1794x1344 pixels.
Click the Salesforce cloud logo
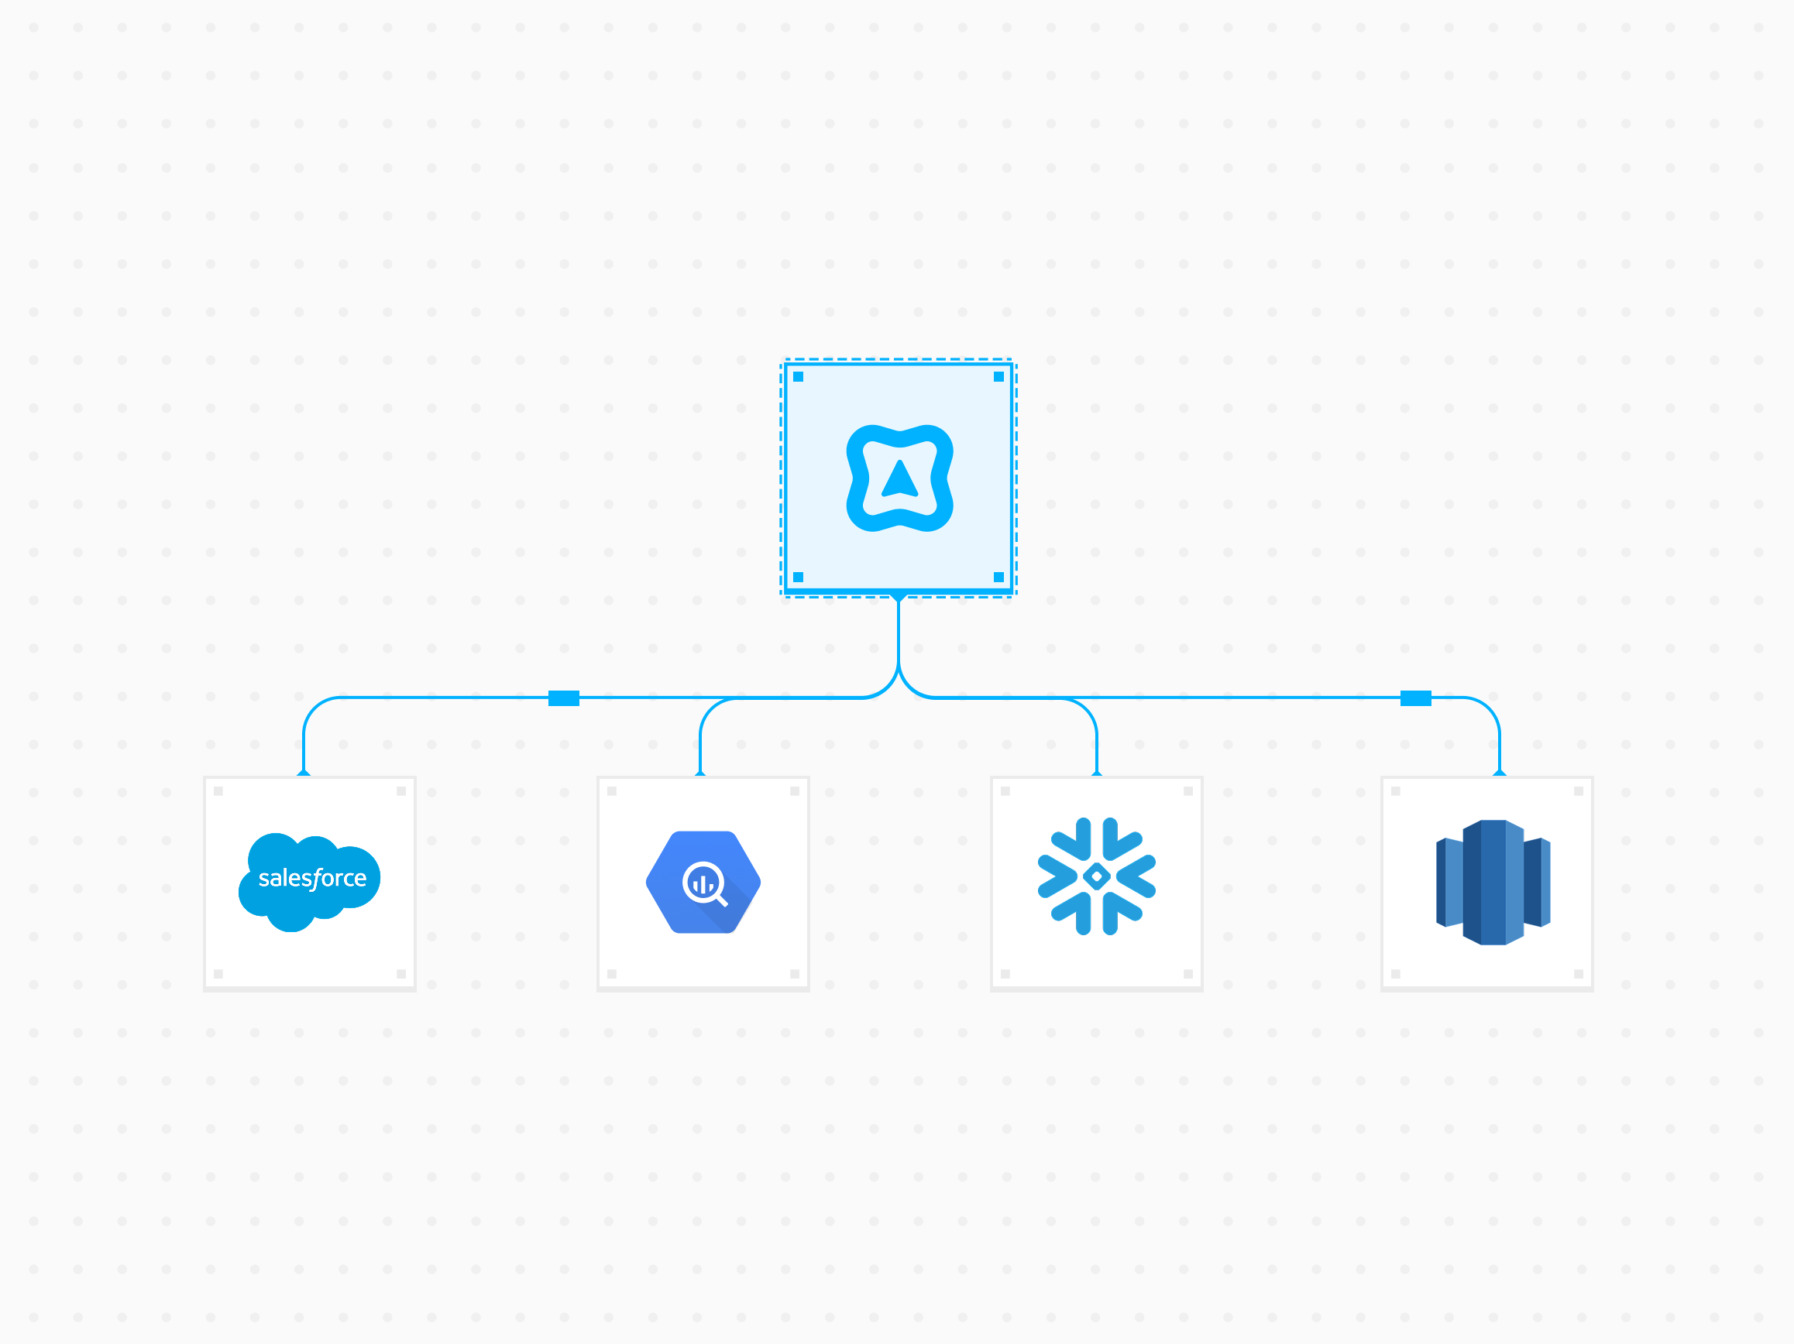click(309, 881)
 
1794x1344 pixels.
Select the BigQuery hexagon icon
click(703, 882)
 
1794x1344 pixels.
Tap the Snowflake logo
click(1097, 876)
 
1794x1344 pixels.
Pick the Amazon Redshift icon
click(1493, 883)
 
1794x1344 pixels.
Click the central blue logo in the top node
click(899, 478)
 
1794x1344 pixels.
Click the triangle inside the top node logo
click(899, 479)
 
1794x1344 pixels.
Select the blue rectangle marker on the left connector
click(564, 699)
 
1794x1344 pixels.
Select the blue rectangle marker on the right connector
click(1416, 699)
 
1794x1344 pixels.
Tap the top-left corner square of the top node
click(798, 377)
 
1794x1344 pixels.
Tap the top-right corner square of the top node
click(999, 377)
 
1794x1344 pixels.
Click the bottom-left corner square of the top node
click(798, 577)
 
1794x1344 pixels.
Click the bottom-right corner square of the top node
click(999, 577)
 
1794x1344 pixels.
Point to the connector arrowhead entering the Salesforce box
click(304, 773)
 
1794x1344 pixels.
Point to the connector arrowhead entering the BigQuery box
click(701, 773)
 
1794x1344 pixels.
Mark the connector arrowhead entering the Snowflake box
click(1098, 773)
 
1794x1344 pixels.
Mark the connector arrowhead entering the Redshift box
click(1500, 773)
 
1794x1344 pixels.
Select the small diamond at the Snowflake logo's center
click(1097, 876)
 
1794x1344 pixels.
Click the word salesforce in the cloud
click(312, 878)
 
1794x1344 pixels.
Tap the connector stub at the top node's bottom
click(899, 598)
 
